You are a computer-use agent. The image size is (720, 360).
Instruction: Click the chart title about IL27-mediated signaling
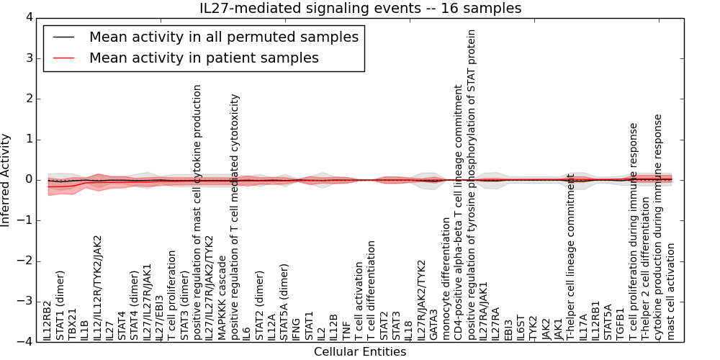(360, 9)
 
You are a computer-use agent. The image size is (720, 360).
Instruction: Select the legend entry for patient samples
(204, 58)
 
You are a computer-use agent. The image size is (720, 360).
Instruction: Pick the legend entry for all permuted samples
(223, 37)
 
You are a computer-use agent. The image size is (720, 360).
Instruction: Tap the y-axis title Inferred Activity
(6, 179)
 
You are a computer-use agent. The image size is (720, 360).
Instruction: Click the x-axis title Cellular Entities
(360, 352)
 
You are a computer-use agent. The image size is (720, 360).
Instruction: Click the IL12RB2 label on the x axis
(48, 321)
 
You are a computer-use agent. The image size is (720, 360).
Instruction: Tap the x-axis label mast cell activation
(671, 291)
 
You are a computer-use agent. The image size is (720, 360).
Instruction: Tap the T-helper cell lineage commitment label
(571, 256)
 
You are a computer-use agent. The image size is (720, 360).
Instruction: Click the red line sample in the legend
(65, 58)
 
